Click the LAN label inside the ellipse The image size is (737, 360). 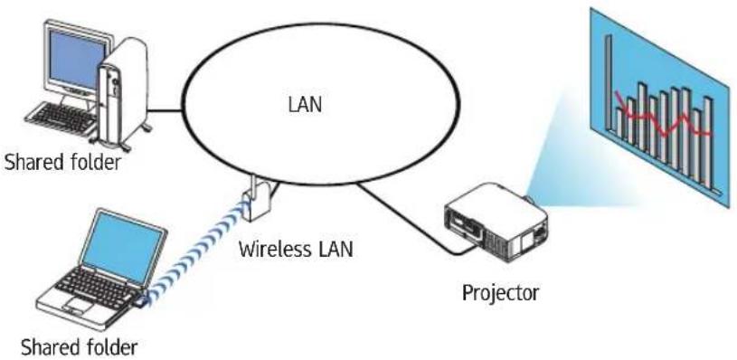tap(306, 104)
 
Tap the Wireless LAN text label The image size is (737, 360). tap(295, 249)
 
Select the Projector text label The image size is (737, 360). tap(501, 293)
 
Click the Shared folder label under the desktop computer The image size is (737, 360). tap(62, 163)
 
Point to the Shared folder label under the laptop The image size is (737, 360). tap(79, 347)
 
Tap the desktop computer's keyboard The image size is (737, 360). tap(61, 118)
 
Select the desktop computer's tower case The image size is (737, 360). tap(122, 94)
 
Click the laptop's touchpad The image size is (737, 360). tap(78, 304)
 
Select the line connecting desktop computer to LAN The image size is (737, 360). tap(165, 111)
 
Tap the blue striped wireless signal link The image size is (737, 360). tap(195, 249)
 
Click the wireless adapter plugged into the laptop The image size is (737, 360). tap(140, 301)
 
